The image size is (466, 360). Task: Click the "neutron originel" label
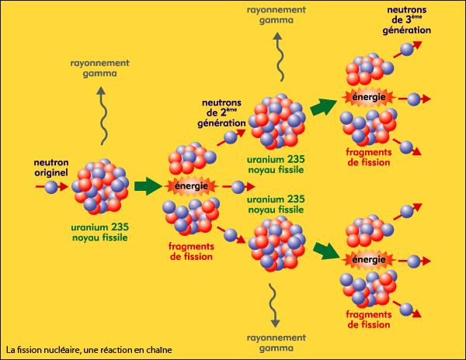(x=51, y=168)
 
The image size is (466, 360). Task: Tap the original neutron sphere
(x=50, y=187)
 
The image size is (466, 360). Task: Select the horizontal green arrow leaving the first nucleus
(x=148, y=186)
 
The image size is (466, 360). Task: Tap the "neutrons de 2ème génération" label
(x=221, y=113)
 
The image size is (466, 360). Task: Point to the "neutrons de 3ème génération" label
(x=406, y=20)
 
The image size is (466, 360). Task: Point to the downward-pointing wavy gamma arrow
(x=274, y=305)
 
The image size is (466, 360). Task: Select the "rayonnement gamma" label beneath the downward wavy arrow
(x=276, y=343)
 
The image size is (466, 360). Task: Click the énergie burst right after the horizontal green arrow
(x=192, y=186)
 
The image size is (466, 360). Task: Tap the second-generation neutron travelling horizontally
(x=238, y=187)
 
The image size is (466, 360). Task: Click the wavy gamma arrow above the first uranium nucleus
(x=101, y=116)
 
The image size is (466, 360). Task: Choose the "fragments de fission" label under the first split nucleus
(x=191, y=251)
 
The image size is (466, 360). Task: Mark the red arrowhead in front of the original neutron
(x=64, y=187)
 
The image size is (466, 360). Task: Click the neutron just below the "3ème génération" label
(x=407, y=49)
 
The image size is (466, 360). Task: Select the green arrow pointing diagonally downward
(x=327, y=251)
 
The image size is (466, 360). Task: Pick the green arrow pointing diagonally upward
(x=324, y=106)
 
